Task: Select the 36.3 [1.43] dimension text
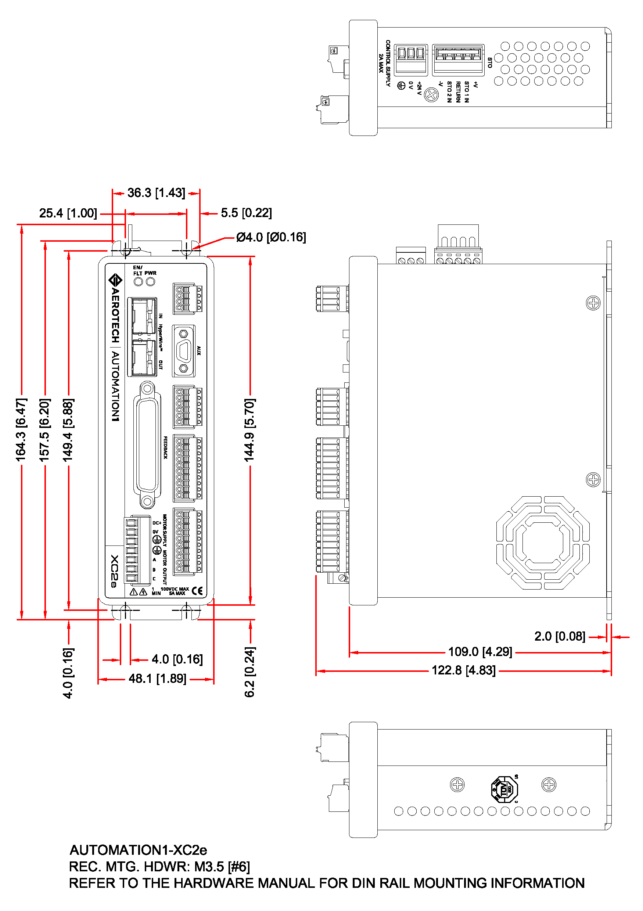coord(156,193)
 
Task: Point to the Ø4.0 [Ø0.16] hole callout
coord(271,237)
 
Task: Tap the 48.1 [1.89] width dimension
coord(157,678)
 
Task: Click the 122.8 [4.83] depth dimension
coord(463,670)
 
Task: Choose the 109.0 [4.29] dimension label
coord(480,652)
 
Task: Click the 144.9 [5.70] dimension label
coord(249,430)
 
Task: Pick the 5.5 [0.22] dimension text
coord(246,213)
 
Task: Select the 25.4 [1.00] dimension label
coord(68,213)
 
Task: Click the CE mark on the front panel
coord(197,591)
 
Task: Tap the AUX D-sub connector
coord(183,351)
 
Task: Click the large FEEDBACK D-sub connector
coord(148,445)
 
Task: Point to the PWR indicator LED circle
coord(150,282)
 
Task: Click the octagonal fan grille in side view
coord(543,543)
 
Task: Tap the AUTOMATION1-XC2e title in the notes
coord(138,850)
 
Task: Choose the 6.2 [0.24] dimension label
coord(249,672)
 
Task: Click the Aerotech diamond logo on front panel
coord(115,280)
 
